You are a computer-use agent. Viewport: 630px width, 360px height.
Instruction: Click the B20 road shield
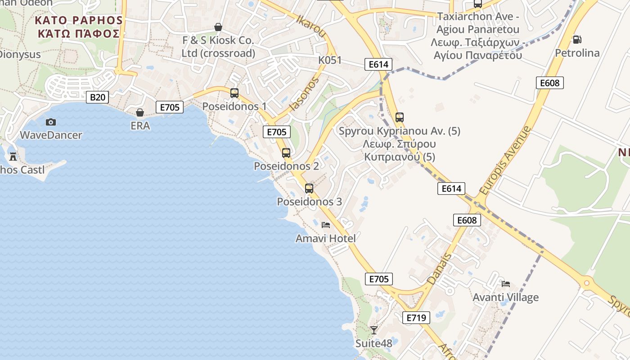click(97, 97)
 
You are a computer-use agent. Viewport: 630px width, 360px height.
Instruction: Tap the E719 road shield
click(416, 318)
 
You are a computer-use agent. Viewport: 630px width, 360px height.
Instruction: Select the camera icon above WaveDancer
click(51, 122)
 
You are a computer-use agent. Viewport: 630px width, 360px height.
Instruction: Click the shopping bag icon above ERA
click(140, 112)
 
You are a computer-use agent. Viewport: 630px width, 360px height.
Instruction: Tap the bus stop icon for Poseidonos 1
click(234, 93)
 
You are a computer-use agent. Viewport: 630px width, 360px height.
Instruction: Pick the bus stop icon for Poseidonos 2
click(286, 153)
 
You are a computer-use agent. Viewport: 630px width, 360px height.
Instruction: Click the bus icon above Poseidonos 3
click(309, 189)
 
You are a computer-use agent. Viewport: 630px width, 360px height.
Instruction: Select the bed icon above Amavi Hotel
click(326, 225)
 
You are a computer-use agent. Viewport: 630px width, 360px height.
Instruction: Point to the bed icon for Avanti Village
click(506, 284)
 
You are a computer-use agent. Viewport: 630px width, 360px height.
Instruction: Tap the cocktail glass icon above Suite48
click(373, 330)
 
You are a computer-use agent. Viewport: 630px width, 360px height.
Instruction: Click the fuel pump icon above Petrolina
click(577, 40)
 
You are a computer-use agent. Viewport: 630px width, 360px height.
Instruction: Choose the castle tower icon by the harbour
click(13, 157)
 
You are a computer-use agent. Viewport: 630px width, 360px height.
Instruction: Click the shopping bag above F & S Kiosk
click(218, 27)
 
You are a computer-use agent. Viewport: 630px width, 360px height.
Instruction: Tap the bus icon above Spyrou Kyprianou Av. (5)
click(400, 117)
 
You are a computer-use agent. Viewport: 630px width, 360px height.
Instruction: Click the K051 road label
click(330, 60)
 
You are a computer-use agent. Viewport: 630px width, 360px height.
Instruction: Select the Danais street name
click(439, 269)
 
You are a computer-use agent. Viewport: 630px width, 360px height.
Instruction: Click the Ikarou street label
click(311, 26)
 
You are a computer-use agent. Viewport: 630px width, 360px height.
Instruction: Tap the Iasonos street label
click(305, 94)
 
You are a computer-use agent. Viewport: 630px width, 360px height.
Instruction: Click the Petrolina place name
click(577, 53)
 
